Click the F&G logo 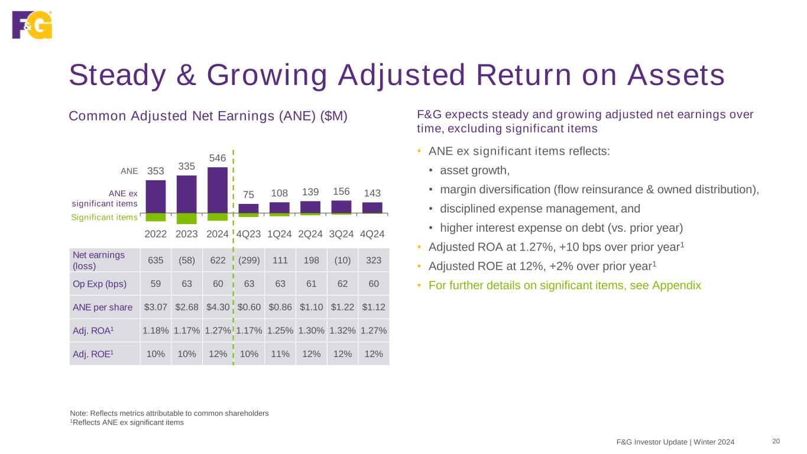[x=32, y=25]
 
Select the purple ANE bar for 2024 [x=218, y=190]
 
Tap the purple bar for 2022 [x=155, y=196]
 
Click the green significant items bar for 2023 [x=187, y=218]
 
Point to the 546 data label [x=218, y=158]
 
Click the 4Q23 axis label [x=249, y=234]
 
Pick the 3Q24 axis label [x=341, y=234]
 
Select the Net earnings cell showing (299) [x=249, y=260]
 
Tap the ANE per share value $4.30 [x=218, y=307]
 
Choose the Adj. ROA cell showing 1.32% [x=342, y=330]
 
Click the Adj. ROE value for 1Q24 [x=280, y=354]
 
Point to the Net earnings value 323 [x=374, y=260]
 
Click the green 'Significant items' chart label [x=105, y=218]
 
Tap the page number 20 [x=776, y=441]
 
